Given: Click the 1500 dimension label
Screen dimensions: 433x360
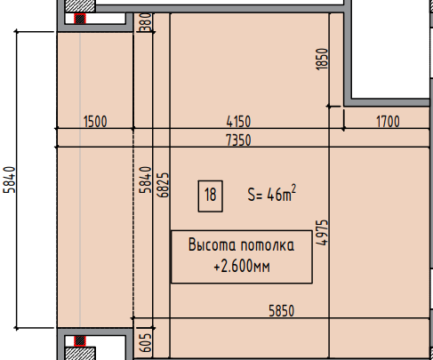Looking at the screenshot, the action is (95, 122).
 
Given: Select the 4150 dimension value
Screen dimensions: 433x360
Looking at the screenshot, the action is (238, 122).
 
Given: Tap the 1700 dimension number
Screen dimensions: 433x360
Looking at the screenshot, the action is (388, 122).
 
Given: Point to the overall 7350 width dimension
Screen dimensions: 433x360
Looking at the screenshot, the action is (238, 140).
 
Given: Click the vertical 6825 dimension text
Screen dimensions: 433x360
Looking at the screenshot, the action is (164, 186).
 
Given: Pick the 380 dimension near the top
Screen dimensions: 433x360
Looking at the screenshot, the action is (146, 22).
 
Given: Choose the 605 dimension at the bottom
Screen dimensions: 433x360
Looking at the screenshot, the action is (146, 343).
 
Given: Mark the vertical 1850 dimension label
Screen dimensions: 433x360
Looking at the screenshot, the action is (323, 60).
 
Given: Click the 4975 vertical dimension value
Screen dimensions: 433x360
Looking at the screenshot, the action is (323, 233).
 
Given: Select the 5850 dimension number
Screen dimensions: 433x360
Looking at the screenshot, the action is (282, 311).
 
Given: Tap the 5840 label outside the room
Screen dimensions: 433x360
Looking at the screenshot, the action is (9, 180).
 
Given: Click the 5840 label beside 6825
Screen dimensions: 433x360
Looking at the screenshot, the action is (146, 180).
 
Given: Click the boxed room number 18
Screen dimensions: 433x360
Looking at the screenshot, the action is (211, 195).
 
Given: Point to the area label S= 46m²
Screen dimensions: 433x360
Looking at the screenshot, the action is (272, 193).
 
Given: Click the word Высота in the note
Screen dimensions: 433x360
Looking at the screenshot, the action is (212, 244).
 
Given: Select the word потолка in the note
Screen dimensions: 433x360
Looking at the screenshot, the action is (268, 245).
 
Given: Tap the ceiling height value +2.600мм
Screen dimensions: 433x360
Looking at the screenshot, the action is (242, 266).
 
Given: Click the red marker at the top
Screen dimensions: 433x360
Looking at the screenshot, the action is (80, 19).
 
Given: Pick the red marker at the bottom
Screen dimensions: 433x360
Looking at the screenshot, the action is (80, 340).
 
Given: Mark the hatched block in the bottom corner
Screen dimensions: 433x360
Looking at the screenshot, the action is (80, 353).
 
